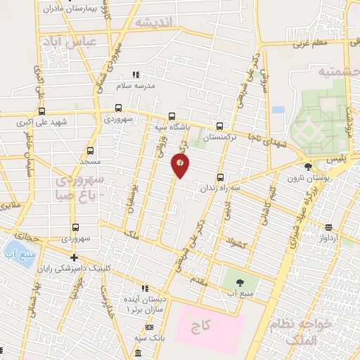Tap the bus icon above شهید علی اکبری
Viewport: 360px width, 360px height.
point(41,111)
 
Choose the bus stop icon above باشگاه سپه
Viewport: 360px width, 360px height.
point(172,117)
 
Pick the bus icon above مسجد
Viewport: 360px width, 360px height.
point(90,150)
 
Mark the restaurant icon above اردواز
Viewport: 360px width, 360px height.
point(329,227)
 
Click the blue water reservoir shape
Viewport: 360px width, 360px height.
point(13,250)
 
